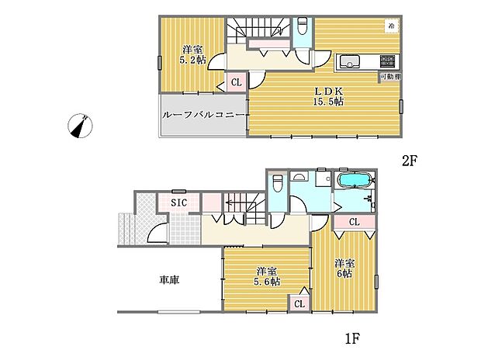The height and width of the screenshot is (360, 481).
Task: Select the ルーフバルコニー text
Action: (204, 116)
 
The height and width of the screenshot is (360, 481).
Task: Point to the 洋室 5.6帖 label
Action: (268, 275)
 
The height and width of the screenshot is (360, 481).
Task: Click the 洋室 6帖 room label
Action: (344, 268)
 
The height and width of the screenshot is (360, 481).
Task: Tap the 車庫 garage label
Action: (169, 279)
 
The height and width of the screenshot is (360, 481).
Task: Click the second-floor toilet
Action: (303, 28)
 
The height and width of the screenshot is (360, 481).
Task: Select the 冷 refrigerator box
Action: (392, 26)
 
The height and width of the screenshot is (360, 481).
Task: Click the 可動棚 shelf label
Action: (390, 76)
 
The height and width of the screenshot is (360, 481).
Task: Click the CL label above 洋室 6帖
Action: (354, 223)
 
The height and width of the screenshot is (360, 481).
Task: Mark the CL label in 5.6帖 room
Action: (299, 304)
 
